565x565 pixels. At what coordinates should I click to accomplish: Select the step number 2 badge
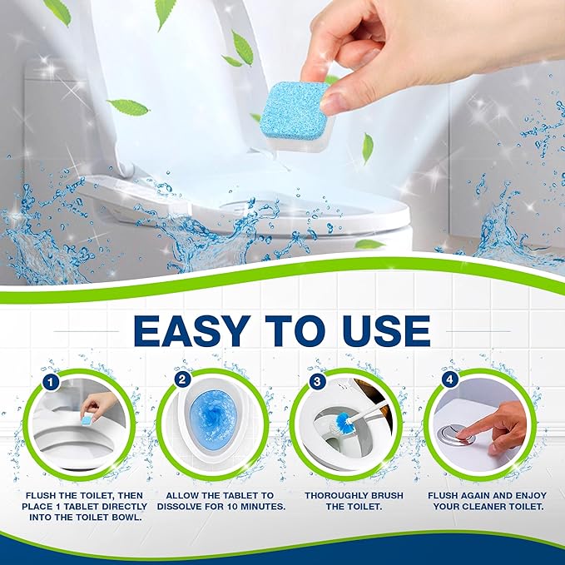(183, 380)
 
